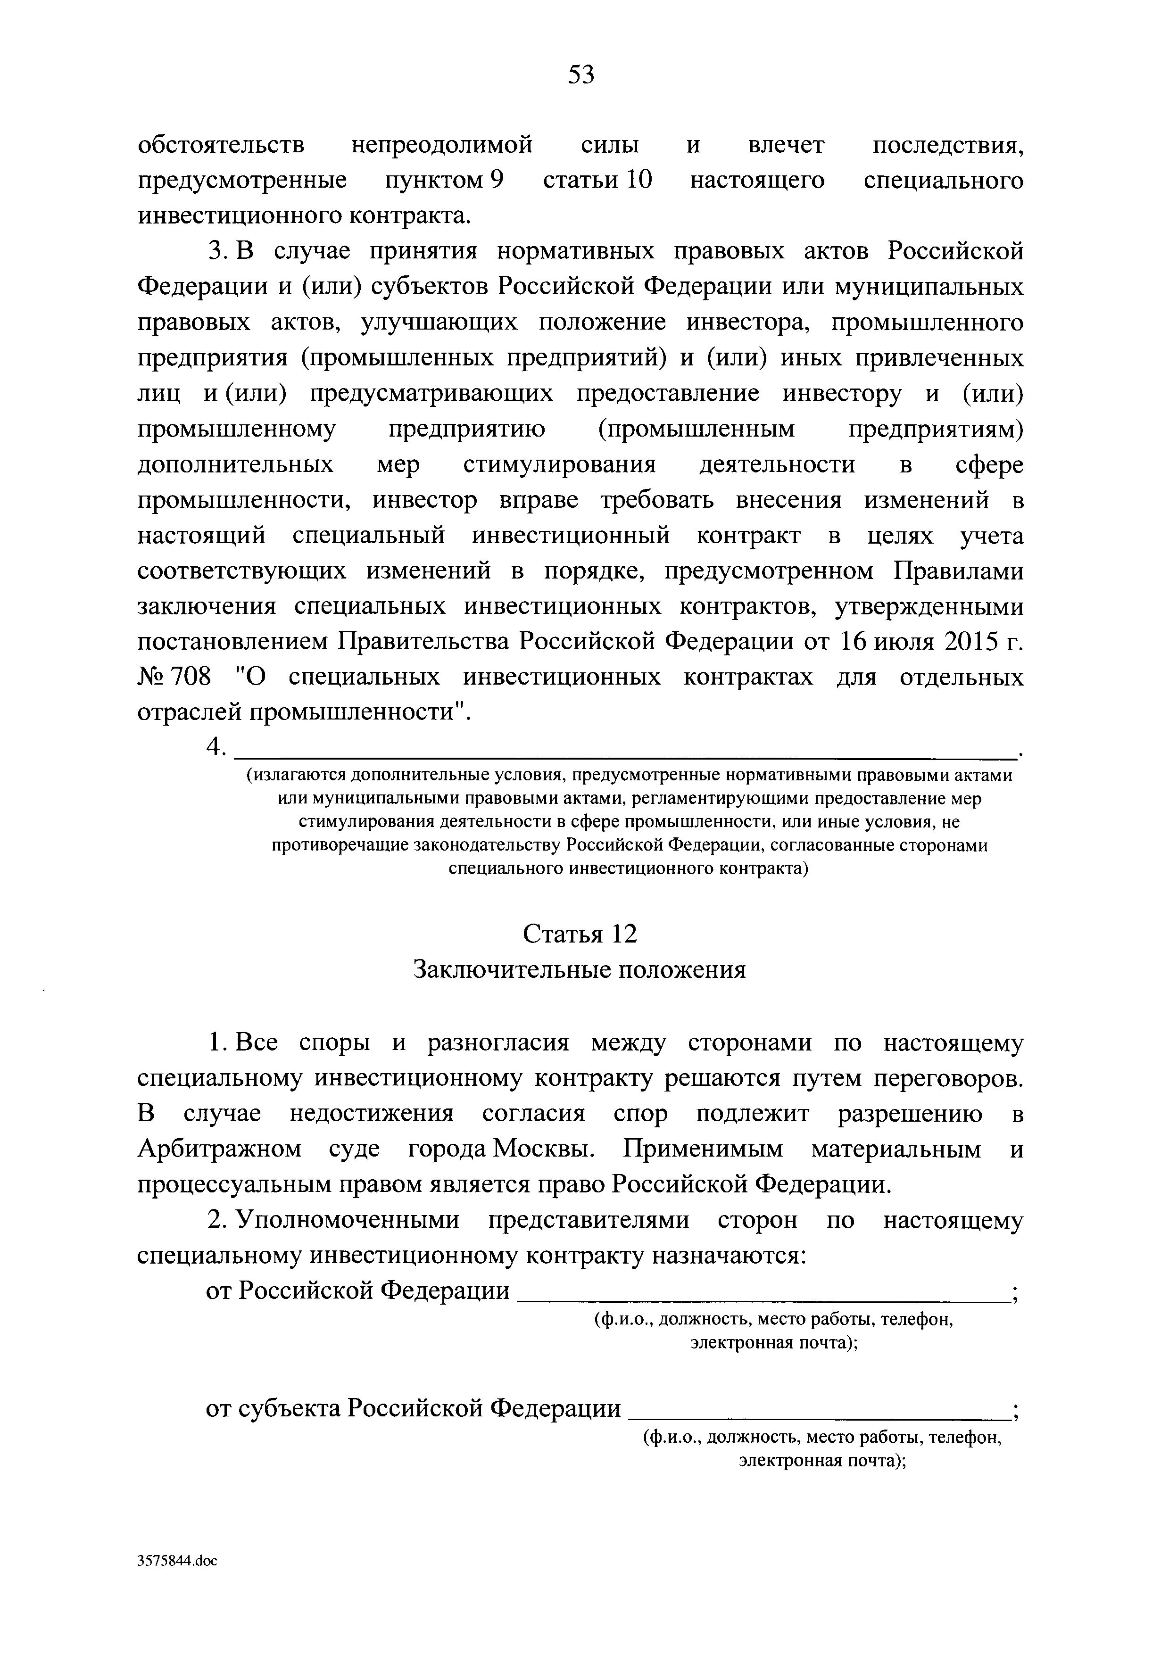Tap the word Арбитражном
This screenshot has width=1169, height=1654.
coord(219,1149)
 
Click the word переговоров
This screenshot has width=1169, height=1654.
coord(949,1078)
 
